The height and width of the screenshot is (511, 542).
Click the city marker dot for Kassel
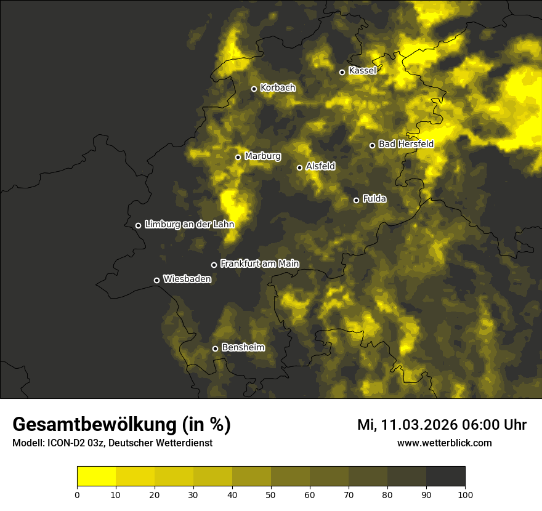pyautogui.click(x=342, y=72)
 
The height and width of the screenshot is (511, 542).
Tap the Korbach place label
pyautogui.click(x=278, y=88)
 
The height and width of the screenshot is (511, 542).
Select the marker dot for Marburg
pyautogui.click(x=238, y=157)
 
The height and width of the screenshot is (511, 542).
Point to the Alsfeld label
pyautogui.click(x=320, y=166)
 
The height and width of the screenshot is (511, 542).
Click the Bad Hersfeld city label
pyautogui.click(x=406, y=144)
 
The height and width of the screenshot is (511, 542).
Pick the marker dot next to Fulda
pyautogui.click(x=356, y=200)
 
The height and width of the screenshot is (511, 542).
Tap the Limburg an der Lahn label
pyautogui.click(x=189, y=225)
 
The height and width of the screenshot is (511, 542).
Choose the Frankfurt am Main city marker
pyautogui.click(x=214, y=265)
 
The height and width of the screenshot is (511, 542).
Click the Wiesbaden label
pyautogui.click(x=187, y=279)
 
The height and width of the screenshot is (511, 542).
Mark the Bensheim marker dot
pyautogui.click(x=215, y=348)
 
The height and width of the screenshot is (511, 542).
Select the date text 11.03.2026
pyautogui.click(x=417, y=425)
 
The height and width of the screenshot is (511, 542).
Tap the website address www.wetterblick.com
pyautogui.click(x=444, y=443)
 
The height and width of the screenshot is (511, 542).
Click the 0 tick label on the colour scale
pyautogui.click(x=77, y=494)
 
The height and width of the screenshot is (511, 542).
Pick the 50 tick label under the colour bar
pyautogui.click(x=271, y=494)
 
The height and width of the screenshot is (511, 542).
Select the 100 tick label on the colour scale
pyautogui.click(x=465, y=494)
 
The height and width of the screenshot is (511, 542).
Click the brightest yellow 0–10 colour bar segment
pyautogui.click(x=96, y=477)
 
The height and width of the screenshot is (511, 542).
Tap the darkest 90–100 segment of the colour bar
pyautogui.click(x=445, y=477)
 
